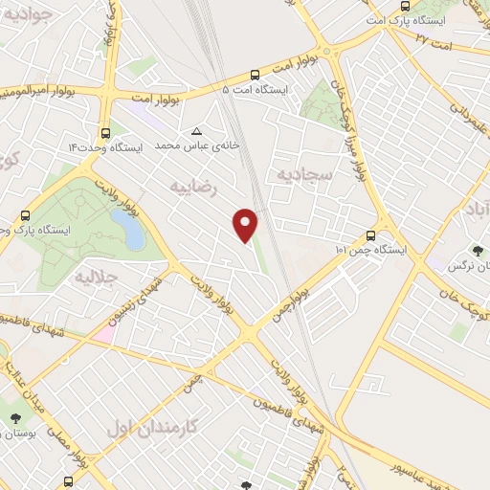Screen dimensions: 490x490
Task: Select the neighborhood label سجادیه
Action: [x=303, y=174]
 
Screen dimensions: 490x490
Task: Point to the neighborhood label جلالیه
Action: [x=96, y=278]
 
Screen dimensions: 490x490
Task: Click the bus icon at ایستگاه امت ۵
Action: [x=255, y=74]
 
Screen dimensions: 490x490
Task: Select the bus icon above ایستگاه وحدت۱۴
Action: [x=104, y=134]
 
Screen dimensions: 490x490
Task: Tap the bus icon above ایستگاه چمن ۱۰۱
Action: [x=371, y=234]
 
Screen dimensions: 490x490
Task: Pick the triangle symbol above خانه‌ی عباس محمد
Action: [x=197, y=131]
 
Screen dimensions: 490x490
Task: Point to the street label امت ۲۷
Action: [x=433, y=37]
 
